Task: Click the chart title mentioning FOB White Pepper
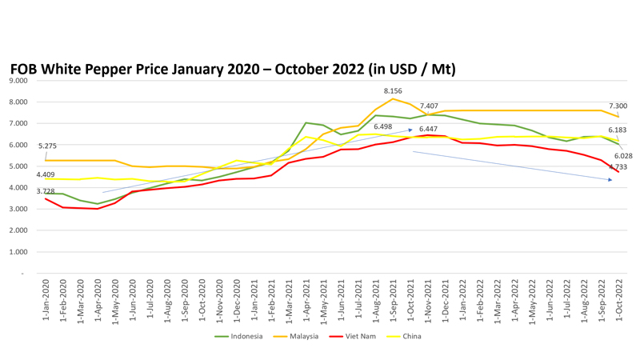pyautogui.click(x=233, y=70)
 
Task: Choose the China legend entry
pyautogui.click(x=407, y=337)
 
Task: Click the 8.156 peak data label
pyautogui.click(x=394, y=91)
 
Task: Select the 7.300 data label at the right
pyautogui.click(x=617, y=106)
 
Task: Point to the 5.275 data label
pyautogui.click(x=46, y=146)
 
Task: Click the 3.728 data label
pyautogui.click(x=46, y=191)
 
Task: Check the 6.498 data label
pyautogui.click(x=383, y=126)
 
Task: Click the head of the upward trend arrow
pyautogui.click(x=410, y=129)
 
